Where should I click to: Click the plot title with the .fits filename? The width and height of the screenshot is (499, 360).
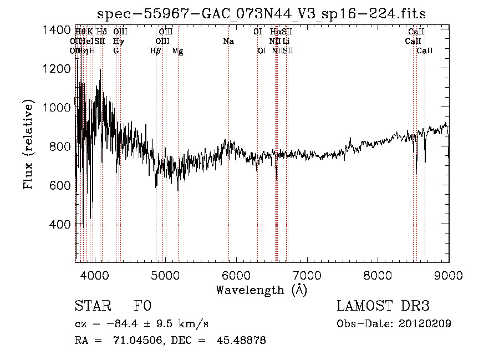coord(261,14)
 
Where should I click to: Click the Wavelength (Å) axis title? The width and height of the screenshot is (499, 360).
coord(261,290)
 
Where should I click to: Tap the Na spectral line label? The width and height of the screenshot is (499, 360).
coord(228,41)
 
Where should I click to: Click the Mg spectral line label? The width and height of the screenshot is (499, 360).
coord(177,51)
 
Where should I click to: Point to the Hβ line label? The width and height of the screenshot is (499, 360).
coord(156,50)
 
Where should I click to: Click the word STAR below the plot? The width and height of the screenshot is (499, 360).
coord(92,306)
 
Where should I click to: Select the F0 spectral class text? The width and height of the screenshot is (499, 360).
coord(142,306)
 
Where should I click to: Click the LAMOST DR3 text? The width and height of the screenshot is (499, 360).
coord(383,306)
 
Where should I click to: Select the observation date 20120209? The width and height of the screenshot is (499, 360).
coord(426,324)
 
